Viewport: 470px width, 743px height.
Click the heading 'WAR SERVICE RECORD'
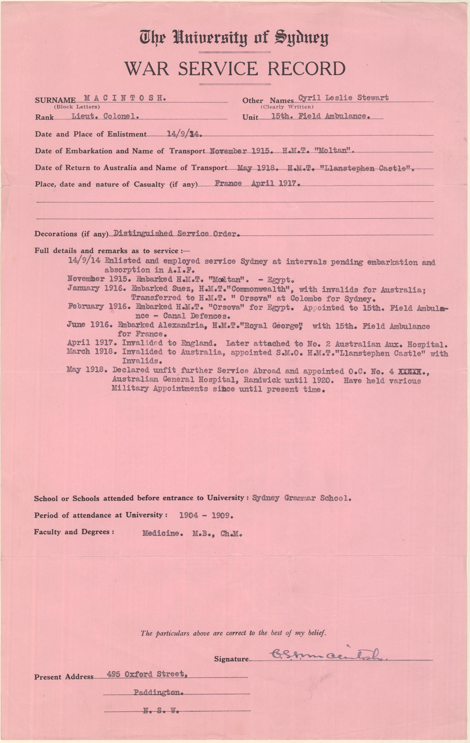[x=235, y=69]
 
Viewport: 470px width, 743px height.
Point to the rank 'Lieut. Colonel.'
[x=104, y=116]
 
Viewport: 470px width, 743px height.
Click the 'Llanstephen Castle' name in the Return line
[x=370, y=168]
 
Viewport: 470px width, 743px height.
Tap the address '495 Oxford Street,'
[x=147, y=674]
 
